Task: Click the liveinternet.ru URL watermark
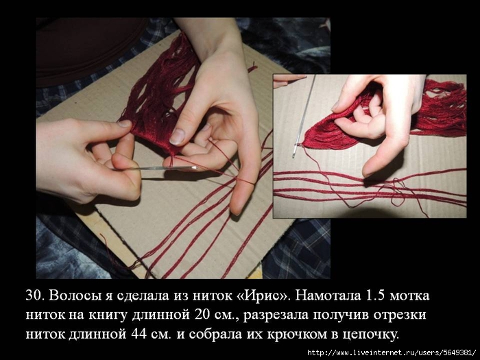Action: coord(391,353)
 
